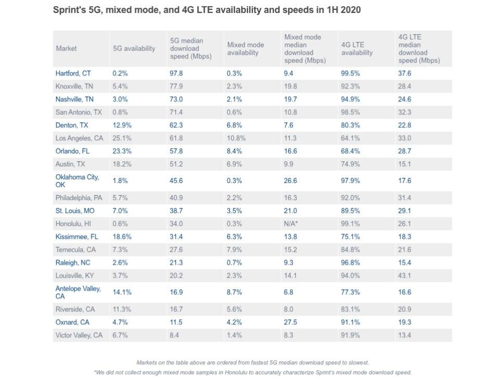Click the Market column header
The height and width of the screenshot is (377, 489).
[x=66, y=48]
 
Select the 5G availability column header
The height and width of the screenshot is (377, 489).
[x=134, y=48]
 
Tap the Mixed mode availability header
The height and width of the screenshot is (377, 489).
[x=246, y=49]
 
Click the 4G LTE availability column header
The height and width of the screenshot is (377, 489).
[x=357, y=49]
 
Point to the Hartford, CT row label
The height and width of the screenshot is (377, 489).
[x=73, y=73]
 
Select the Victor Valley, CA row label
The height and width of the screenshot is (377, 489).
[x=79, y=335]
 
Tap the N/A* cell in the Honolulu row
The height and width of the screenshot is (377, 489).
[x=291, y=224]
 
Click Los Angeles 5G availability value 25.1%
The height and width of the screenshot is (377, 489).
[x=122, y=138]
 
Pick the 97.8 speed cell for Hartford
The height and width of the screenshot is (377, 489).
[x=176, y=73]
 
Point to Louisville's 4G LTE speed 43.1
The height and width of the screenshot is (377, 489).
[x=405, y=276]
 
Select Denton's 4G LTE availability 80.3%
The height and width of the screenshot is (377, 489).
[x=350, y=125]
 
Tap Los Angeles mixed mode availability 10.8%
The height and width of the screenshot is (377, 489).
[x=236, y=138]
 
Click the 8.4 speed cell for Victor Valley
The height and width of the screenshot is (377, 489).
[x=174, y=335]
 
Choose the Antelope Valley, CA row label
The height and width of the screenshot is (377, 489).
[x=78, y=292]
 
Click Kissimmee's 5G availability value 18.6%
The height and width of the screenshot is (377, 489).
[x=122, y=237]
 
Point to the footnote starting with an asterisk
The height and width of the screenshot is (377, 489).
[x=252, y=372]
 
